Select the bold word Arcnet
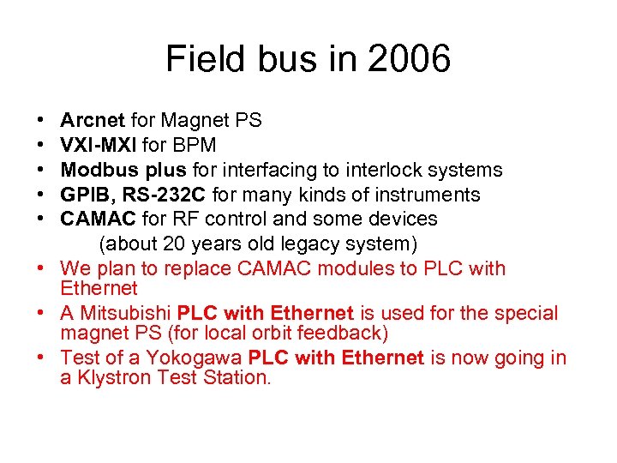click(93, 121)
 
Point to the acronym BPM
click(193, 145)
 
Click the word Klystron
click(113, 377)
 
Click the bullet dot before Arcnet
click(41, 121)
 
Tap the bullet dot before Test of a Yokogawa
click(41, 358)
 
